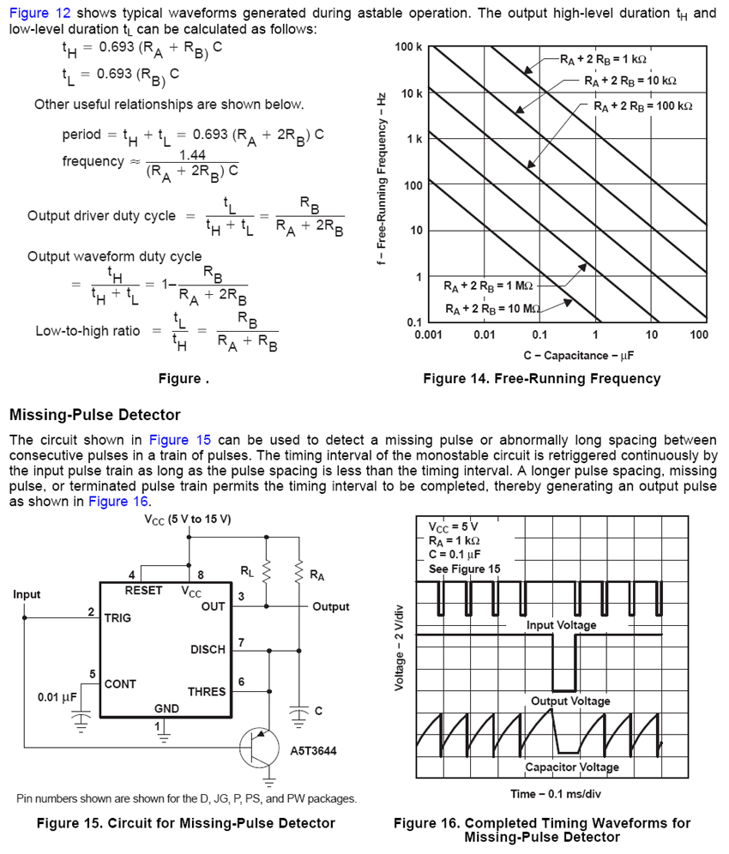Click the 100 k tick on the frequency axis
408,46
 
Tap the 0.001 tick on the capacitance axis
428,334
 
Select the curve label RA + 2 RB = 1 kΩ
603,60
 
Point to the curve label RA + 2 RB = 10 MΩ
492,308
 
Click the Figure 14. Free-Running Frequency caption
541,378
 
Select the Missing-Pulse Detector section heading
94,415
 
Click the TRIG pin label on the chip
117,617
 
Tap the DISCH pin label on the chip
208,649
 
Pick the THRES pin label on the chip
207,691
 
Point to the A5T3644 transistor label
314,750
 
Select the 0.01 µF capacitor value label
59,697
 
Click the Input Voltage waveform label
561,625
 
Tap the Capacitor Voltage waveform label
571,767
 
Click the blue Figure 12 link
40,13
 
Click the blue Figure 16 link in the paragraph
118,502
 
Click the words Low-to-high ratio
87,331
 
